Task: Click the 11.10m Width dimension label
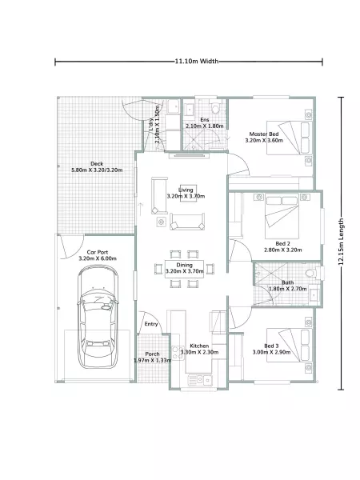tap(197, 62)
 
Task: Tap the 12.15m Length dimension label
tap(341, 242)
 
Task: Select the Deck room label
tap(97, 164)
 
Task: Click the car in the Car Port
tap(98, 317)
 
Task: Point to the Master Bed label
tap(264, 134)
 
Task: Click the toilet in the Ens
tap(215, 107)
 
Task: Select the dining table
tap(184, 269)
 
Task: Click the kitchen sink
tap(200, 380)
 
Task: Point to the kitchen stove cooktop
tap(177, 352)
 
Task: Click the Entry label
tap(151, 324)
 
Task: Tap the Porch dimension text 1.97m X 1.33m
tap(153, 360)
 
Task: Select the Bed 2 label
tap(282, 244)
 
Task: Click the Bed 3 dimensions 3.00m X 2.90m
tap(271, 352)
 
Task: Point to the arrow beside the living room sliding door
tap(141, 209)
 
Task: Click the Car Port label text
tap(98, 252)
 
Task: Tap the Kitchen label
tap(199, 346)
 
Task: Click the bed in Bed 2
tap(282, 216)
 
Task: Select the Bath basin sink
tap(314, 294)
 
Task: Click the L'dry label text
tap(151, 125)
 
